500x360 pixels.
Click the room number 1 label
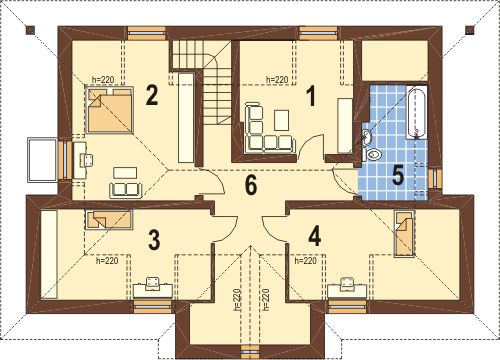click(311, 96)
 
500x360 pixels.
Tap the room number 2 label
click(151, 95)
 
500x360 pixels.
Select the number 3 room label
click(154, 240)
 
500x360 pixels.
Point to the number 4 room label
click(315, 236)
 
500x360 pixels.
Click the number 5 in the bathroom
click(398, 175)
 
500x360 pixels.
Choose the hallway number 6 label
click(251, 184)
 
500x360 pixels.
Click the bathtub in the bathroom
click(416, 112)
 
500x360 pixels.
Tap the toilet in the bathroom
click(373, 155)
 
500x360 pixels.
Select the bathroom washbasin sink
click(367, 137)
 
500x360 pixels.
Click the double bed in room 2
click(110, 110)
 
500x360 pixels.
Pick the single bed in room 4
click(404, 233)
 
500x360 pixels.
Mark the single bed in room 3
click(109, 220)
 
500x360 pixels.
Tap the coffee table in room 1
click(282, 120)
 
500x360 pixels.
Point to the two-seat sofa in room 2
click(127, 189)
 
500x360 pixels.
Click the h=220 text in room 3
click(107, 261)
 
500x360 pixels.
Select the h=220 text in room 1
click(277, 80)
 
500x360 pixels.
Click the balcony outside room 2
click(42, 160)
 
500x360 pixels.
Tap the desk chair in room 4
click(348, 283)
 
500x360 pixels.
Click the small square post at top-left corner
click(30, 30)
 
